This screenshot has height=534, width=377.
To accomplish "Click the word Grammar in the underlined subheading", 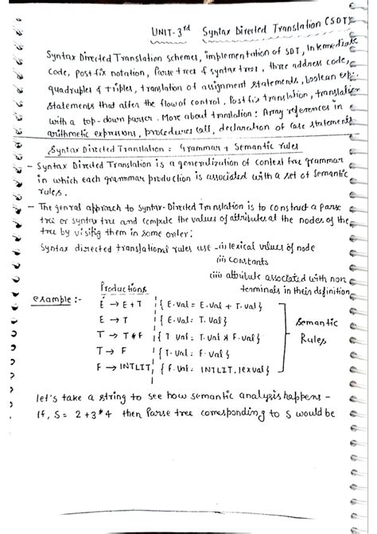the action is point(201,147).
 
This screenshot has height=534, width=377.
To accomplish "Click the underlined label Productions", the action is point(122,288).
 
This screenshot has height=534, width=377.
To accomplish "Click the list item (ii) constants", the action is point(243,260).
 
